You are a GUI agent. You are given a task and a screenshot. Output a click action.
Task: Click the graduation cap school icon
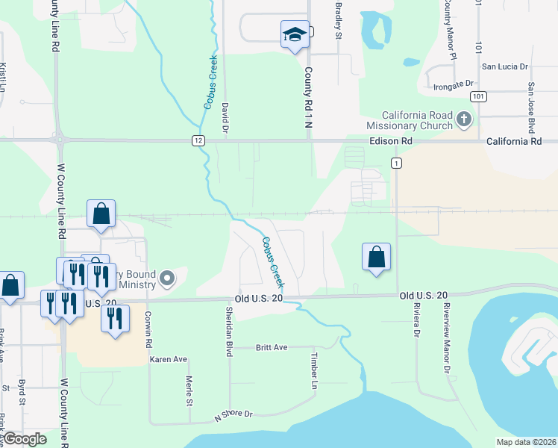pyautogui.click(x=295, y=34)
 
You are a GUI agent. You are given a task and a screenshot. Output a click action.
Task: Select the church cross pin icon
pyautogui.click(x=464, y=119)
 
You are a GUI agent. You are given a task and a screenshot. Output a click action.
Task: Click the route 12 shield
pyautogui.click(x=197, y=140)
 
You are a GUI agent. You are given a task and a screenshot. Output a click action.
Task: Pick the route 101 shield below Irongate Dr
pyautogui.click(x=478, y=96)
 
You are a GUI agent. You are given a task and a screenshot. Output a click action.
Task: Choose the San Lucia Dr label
pyautogui.click(x=504, y=66)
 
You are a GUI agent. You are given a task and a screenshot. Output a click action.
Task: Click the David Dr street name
pyautogui.click(x=225, y=118)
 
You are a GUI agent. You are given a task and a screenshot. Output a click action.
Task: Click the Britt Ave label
pyautogui.click(x=272, y=347)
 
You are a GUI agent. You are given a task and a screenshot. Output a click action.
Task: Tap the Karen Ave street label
pyautogui.click(x=169, y=359)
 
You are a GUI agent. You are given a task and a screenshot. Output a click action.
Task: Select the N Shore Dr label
pyautogui.click(x=233, y=414)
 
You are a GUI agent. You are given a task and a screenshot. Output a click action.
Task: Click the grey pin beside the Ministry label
pyautogui.click(x=167, y=279)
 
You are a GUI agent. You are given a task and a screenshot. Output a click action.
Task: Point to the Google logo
pyautogui.click(x=25, y=438)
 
